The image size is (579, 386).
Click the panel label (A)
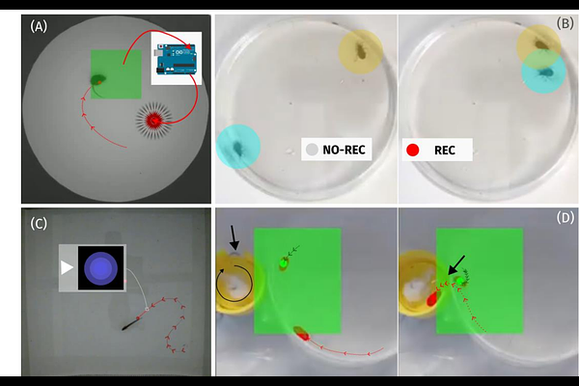pos(39,27)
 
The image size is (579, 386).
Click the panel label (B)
pos(565,23)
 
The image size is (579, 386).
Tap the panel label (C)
pos(39,224)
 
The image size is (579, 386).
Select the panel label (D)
pos(565,217)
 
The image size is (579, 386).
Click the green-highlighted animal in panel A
pos(98,79)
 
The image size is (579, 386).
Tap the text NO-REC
pos(344,150)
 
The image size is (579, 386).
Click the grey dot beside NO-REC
pos(312,150)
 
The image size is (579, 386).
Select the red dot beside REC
pos(412,150)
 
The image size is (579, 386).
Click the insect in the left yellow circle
pos(360,51)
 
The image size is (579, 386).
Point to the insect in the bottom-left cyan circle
pos(237,149)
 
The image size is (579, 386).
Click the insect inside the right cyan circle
pos(544,72)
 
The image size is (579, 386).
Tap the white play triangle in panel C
pos(67,267)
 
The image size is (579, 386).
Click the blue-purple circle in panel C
pos(100,268)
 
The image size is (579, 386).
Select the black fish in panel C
pos(131,324)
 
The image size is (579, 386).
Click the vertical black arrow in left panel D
pos(234,238)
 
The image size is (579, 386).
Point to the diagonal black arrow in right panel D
pos(456,264)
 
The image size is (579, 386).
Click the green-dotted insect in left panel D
pos(284,263)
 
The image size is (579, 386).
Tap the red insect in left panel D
pos(301,333)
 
